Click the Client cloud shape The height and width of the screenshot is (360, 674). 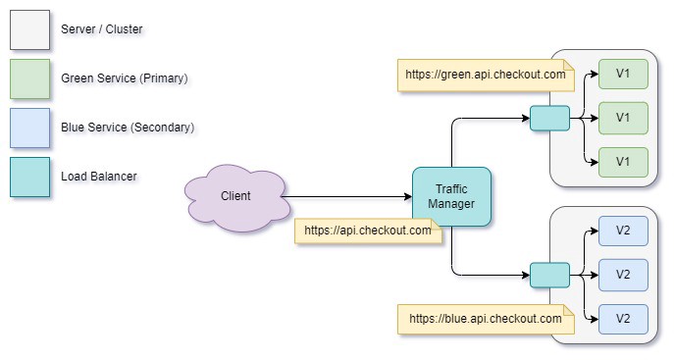(x=235, y=197)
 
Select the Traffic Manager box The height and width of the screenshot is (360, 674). (x=451, y=197)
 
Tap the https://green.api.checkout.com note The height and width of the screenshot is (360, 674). (x=486, y=76)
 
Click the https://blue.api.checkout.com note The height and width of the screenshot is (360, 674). (x=486, y=319)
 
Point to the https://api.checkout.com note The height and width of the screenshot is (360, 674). (x=368, y=231)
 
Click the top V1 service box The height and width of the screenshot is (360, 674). (x=623, y=74)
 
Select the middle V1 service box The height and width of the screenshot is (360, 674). (x=623, y=118)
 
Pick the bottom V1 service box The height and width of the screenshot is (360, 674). (x=623, y=162)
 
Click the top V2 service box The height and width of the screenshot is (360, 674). (x=623, y=231)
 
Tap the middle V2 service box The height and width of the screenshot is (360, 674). (x=623, y=275)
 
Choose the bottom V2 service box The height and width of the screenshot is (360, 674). (x=623, y=319)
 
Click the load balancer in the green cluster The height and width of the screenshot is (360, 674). (x=549, y=119)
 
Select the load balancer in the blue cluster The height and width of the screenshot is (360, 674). (x=549, y=276)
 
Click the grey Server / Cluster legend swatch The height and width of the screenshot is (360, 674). (x=29, y=29)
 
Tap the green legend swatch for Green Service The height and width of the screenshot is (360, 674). (x=29, y=78)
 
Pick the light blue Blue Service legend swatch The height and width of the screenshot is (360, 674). (x=29, y=128)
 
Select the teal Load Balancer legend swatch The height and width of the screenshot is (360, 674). (x=29, y=177)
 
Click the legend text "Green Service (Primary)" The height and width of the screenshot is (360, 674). (x=124, y=78)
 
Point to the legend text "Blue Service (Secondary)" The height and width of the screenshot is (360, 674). (x=128, y=128)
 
